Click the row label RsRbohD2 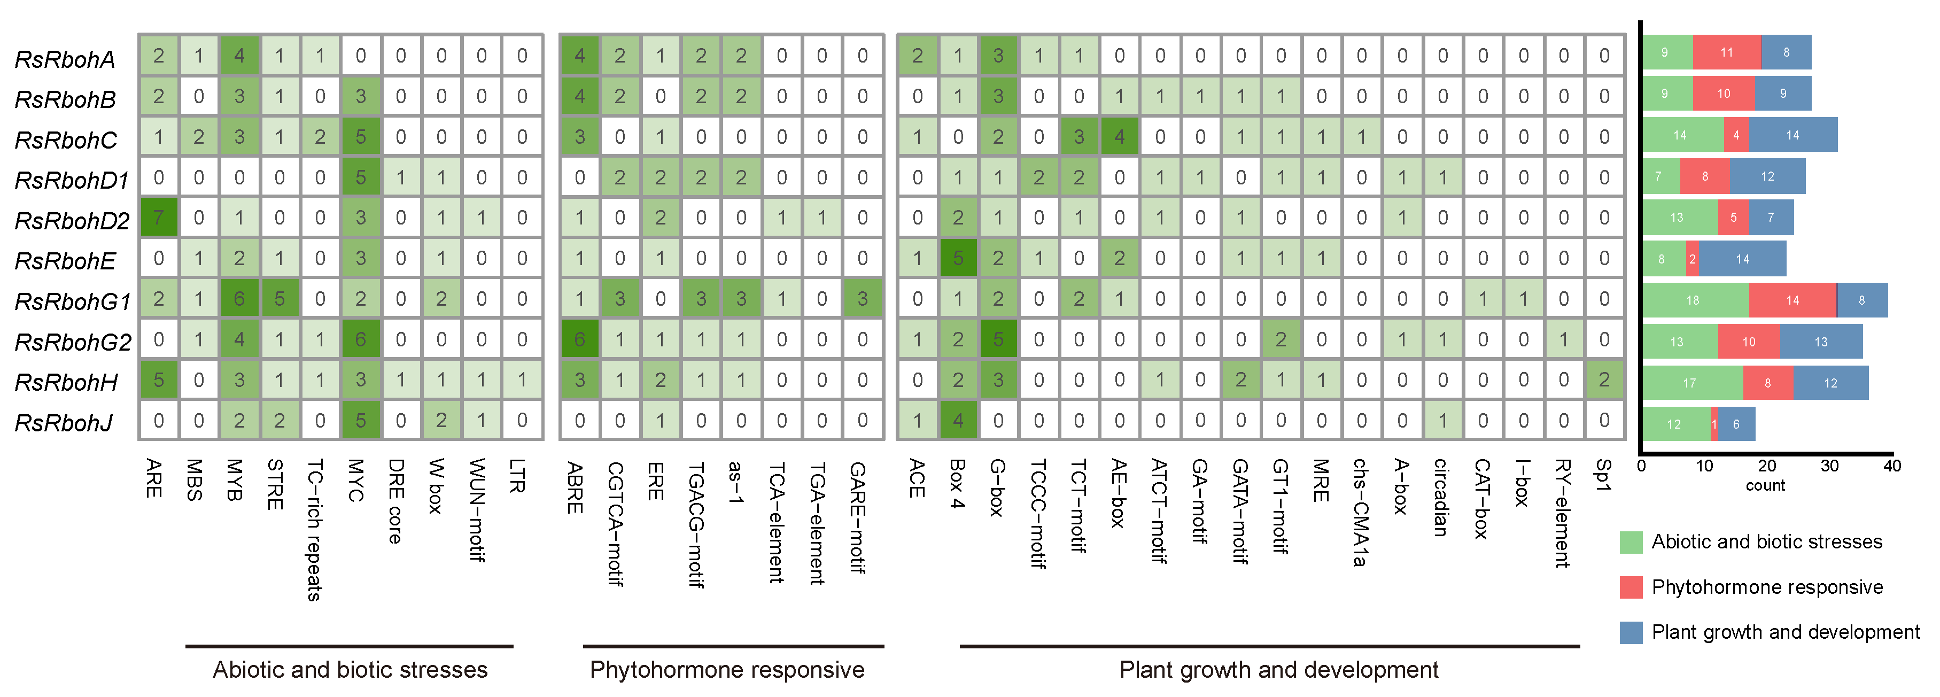point(72,220)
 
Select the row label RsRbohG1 point(72,300)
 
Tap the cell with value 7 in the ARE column point(158,218)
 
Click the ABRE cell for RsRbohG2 point(579,339)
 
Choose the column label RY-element point(1563,513)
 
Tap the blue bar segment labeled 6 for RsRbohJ point(1736,424)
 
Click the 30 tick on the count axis point(1829,466)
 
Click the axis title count point(1765,485)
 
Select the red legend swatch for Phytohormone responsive point(1631,587)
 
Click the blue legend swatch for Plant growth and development point(1631,632)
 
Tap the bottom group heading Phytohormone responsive point(727,669)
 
